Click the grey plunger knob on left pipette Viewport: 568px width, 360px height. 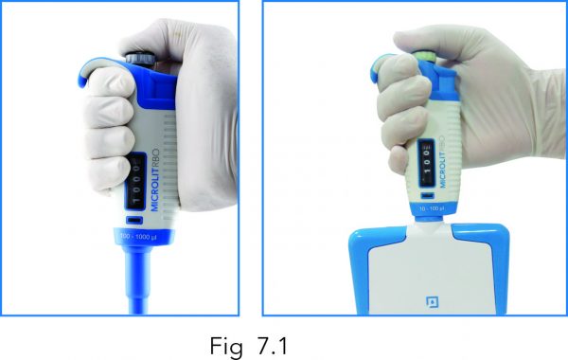tap(141, 59)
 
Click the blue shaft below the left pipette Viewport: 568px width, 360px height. tap(138, 284)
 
